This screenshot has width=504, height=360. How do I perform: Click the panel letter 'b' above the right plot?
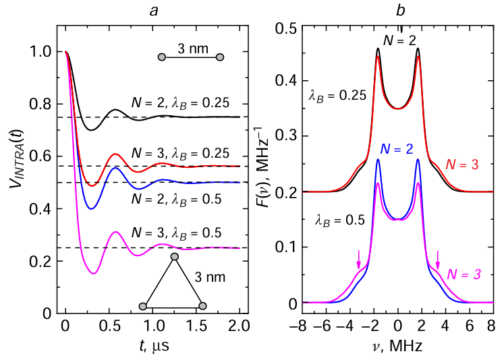pyautogui.click(x=397, y=9)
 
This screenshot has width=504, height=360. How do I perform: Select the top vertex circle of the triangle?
pyautogui.click(x=175, y=257)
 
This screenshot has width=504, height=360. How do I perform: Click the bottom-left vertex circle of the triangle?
pyautogui.click(x=142, y=307)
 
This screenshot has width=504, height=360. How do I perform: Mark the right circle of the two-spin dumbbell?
pyautogui.click(x=219, y=58)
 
